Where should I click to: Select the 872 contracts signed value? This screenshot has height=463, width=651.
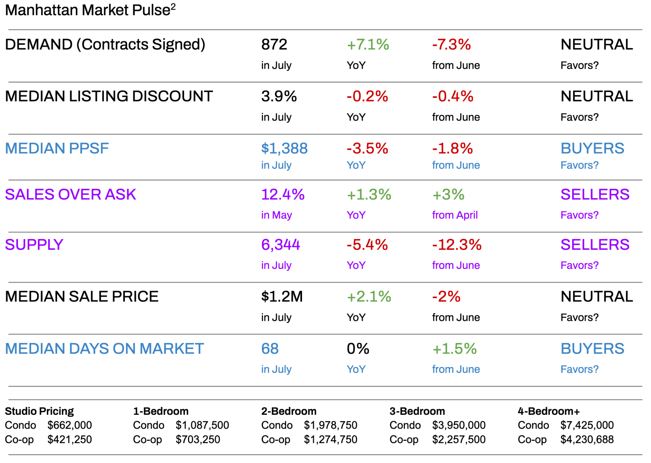click(274, 45)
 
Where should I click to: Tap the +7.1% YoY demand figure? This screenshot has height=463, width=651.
click(368, 45)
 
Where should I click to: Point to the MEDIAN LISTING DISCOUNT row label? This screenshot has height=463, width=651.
click(109, 96)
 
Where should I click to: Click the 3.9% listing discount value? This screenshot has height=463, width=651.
click(279, 97)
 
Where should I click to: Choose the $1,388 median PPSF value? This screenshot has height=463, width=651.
click(284, 149)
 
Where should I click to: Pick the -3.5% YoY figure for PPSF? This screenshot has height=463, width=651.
click(367, 149)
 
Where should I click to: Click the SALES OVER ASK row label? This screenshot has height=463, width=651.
click(70, 194)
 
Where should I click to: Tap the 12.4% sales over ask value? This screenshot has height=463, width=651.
click(283, 194)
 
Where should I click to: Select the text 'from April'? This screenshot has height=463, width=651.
click(455, 215)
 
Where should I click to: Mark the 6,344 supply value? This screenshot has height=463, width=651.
click(281, 245)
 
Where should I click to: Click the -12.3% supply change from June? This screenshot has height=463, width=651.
click(457, 245)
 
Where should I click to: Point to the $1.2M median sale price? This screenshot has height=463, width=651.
click(282, 297)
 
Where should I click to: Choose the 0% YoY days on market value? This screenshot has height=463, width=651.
click(358, 349)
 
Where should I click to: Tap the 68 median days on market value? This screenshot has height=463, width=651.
click(270, 349)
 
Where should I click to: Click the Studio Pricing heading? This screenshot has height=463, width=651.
click(39, 411)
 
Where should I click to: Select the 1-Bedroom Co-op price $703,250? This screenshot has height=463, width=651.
click(198, 440)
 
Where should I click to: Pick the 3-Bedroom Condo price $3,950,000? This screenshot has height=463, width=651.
click(459, 425)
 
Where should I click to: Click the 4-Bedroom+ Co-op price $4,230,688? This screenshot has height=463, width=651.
click(587, 440)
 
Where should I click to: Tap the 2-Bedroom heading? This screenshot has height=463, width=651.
click(289, 411)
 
